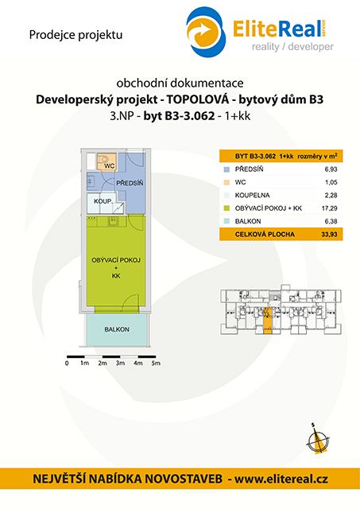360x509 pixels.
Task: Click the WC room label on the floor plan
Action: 110,166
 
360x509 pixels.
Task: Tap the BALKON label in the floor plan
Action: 117,329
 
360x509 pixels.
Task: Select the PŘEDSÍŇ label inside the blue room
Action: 130,183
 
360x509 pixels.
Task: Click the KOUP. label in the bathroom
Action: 103,201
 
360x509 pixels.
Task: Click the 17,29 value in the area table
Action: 330,208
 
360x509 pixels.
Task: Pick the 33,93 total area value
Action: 329,234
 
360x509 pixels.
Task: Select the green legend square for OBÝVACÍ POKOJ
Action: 226,208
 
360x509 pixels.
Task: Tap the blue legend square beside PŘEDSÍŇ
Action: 226,169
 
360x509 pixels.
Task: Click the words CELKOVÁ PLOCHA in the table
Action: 265,234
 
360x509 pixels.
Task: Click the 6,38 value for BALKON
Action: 331,221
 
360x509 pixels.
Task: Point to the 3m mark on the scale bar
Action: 120,363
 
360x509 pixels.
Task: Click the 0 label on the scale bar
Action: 67,363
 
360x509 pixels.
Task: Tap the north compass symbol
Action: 318,440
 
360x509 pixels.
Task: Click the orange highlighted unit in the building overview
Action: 267,321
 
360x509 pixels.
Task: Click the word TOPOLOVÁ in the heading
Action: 198,99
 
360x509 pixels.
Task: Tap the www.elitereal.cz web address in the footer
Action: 281,479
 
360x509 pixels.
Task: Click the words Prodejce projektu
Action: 75,35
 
